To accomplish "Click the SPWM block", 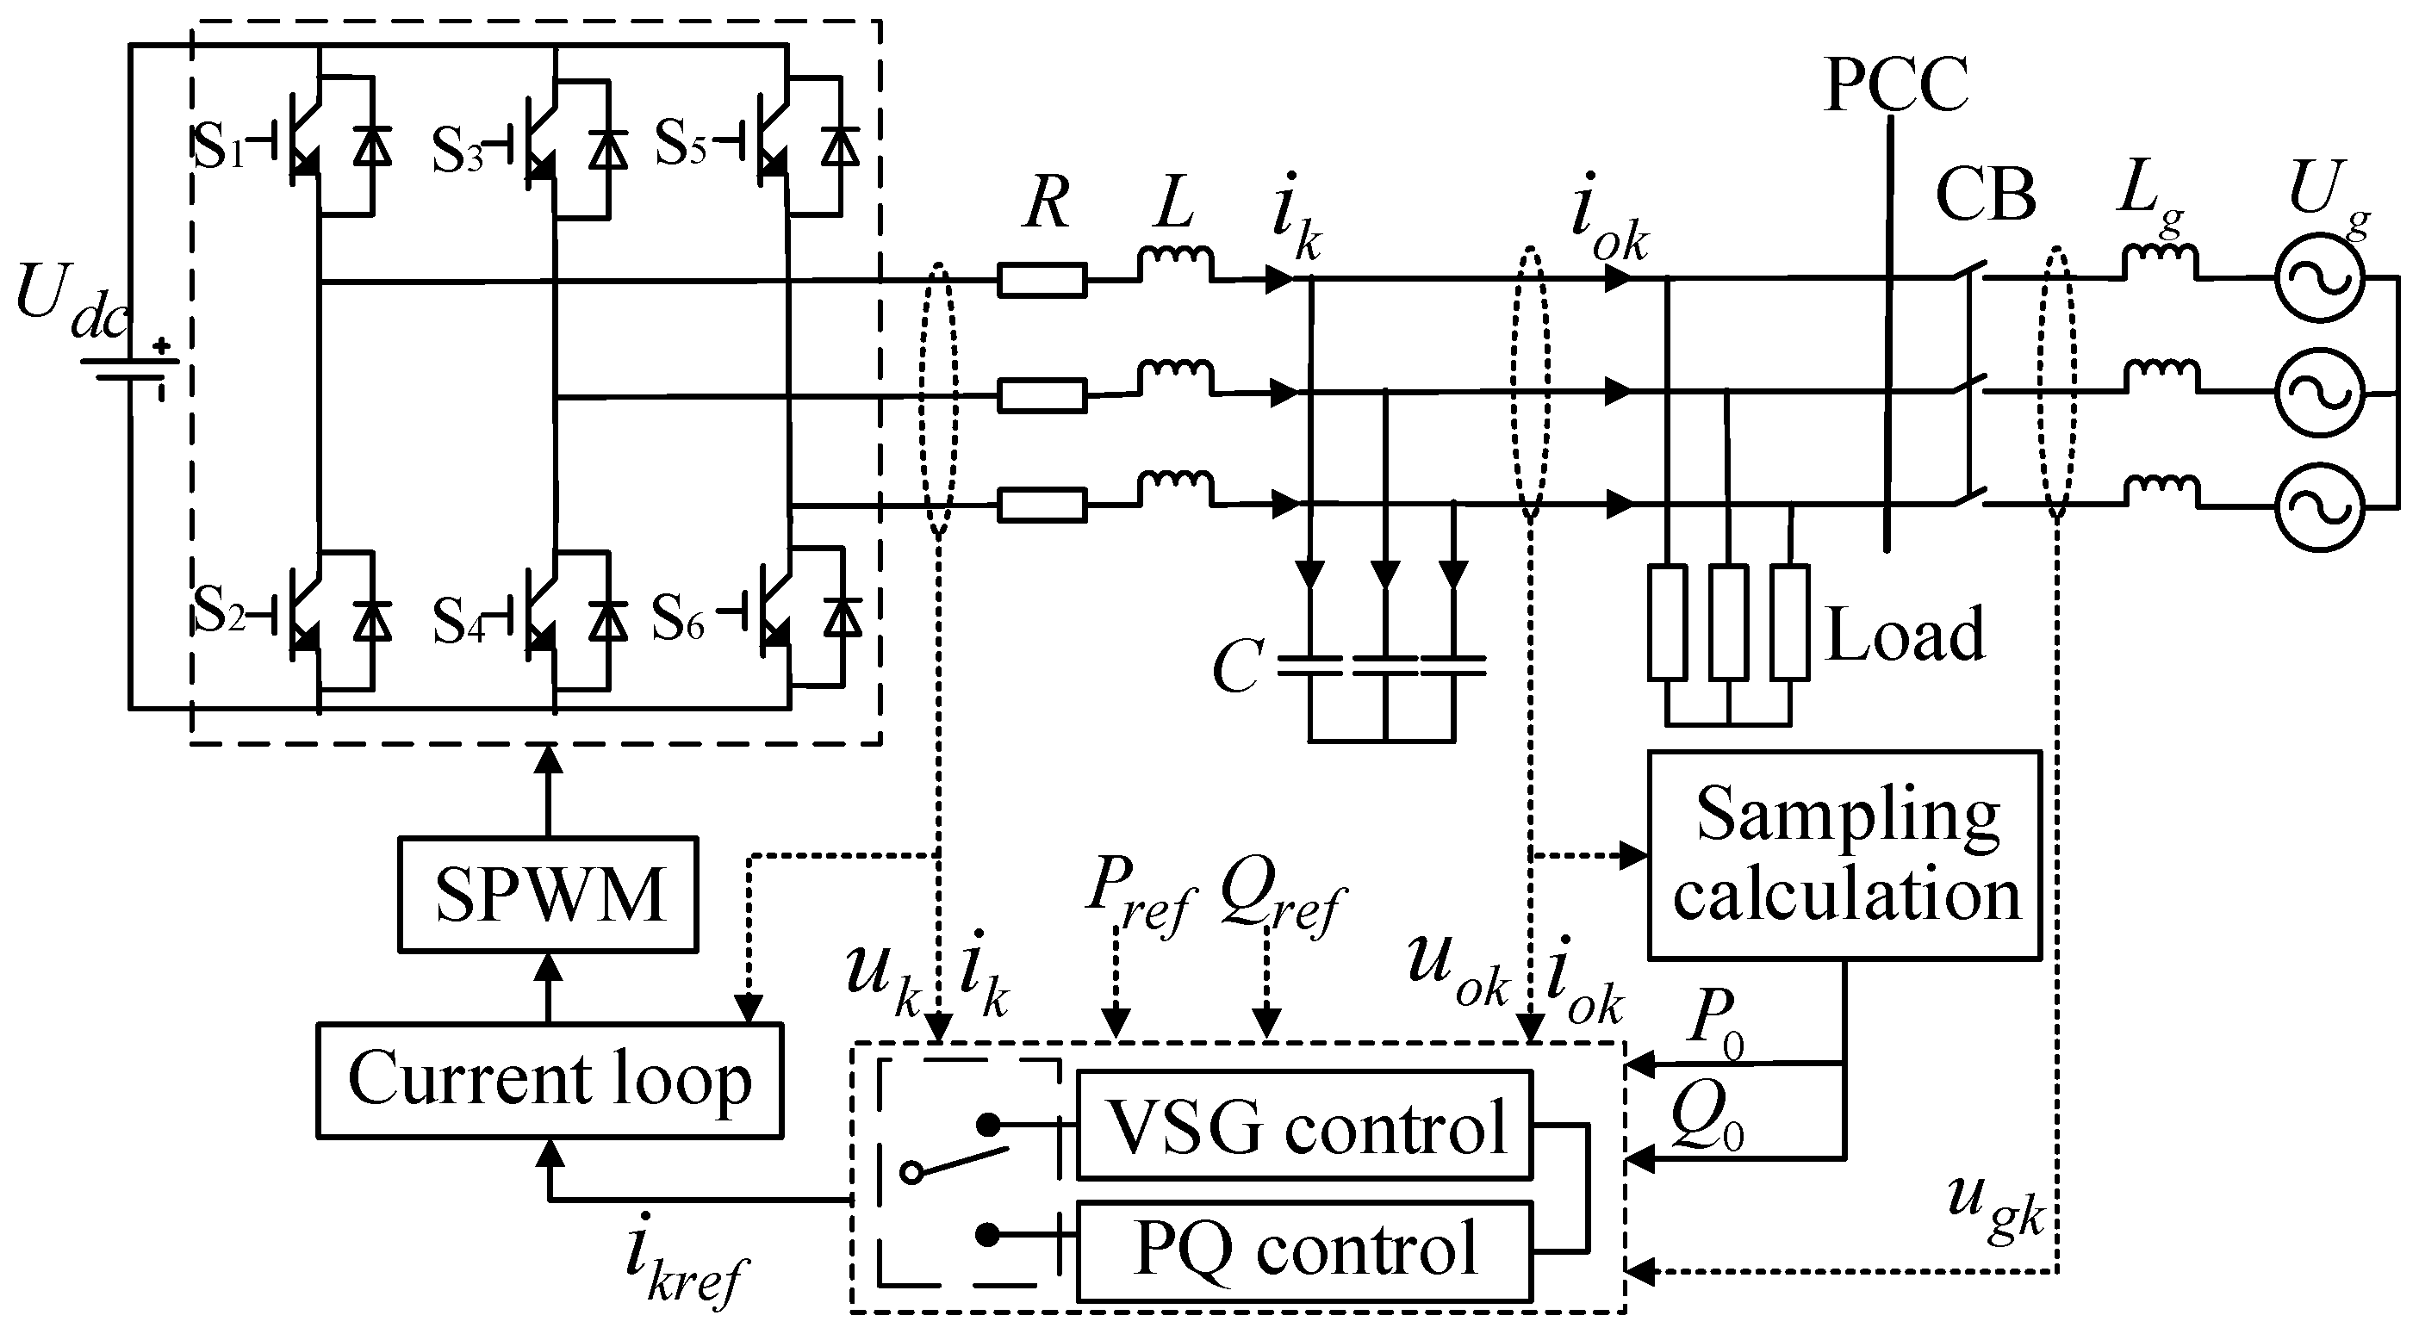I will click(x=548, y=895).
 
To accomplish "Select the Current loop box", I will click(x=550, y=1081).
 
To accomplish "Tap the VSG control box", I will click(x=1303, y=1125).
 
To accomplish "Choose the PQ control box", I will click(x=1303, y=1250).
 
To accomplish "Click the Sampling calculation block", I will click(x=1844, y=854).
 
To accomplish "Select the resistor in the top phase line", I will click(x=1042, y=280).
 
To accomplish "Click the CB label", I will click(x=1985, y=196).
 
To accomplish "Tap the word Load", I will click(x=1905, y=636).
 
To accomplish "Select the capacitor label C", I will click(x=1238, y=667).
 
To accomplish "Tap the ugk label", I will click(x=1994, y=1207).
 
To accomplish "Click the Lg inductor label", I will click(x=2150, y=199).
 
